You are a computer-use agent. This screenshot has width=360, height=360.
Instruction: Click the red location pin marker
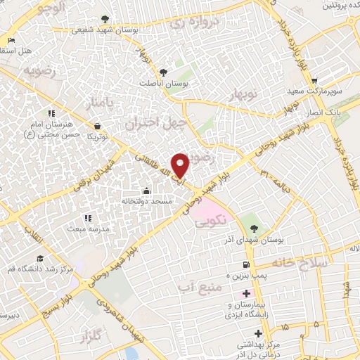click(x=181, y=165)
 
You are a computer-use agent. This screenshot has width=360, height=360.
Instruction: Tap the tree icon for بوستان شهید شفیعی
click(x=105, y=19)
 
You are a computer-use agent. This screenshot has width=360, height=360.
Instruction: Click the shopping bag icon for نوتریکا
click(x=96, y=127)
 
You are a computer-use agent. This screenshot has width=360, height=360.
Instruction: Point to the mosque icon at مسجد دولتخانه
click(x=146, y=190)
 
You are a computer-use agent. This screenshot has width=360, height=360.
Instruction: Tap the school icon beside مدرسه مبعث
click(x=87, y=218)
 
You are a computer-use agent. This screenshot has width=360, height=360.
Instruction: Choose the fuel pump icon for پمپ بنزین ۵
click(x=245, y=264)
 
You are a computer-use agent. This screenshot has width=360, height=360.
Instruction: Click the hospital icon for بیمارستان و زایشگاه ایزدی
click(x=245, y=292)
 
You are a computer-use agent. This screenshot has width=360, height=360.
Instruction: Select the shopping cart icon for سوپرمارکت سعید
click(x=314, y=81)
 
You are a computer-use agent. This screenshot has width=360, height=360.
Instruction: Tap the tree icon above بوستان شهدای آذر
click(x=255, y=227)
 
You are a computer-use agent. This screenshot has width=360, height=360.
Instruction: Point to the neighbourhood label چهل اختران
click(x=149, y=124)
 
